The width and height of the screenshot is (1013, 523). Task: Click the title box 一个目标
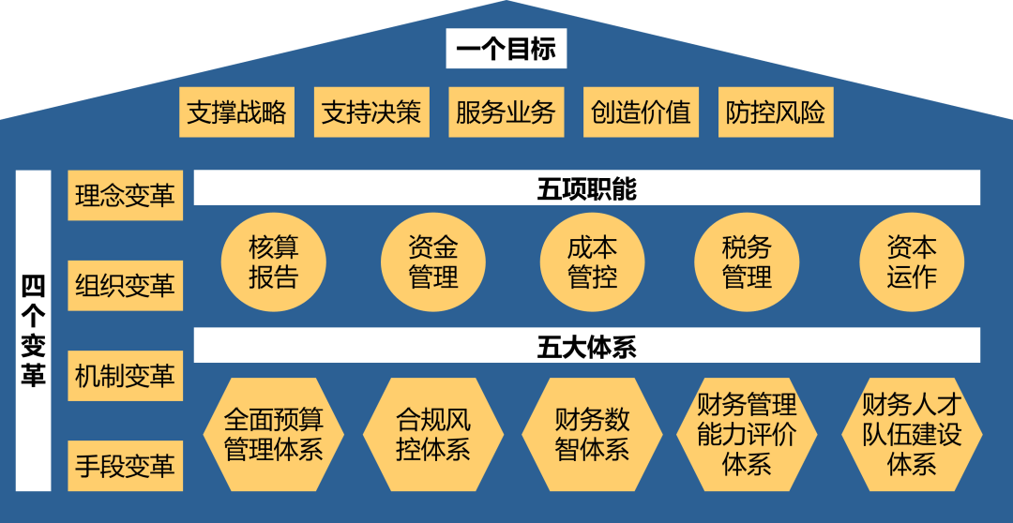pyautogui.click(x=506, y=49)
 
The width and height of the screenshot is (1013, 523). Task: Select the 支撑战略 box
pyautogui.click(x=236, y=112)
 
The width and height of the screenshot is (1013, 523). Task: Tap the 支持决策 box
pyautogui.click(x=371, y=112)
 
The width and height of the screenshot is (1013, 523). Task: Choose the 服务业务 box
pyautogui.click(x=506, y=112)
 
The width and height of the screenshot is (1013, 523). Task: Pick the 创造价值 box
pyautogui.click(x=641, y=112)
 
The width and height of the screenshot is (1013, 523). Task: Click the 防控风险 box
pyautogui.click(x=776, y=112)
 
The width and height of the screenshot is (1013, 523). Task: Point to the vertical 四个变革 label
pyautogui.click(x=34, y=330)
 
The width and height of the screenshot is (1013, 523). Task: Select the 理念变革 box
pyautogui.click(x=125, y=196)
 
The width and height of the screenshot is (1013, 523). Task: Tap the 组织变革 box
pyautogui.click(x=125, y=286)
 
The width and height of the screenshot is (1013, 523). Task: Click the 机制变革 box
pyautogui.click(x=125, y=376)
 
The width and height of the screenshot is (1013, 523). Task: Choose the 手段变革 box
pyautogui.click(x=125, y=466)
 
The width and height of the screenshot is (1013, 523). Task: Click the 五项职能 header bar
pyautogui.click(x=587, y=188)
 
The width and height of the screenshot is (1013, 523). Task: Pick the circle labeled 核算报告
pyautogui.click(x=274, y=262)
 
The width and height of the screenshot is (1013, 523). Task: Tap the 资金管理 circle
pyautogui.click(x=433, y=262)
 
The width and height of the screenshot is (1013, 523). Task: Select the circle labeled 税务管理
pyautogui.click(x=747, y=262)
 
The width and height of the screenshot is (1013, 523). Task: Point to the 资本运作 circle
pyautogui.click(x=912, y=262)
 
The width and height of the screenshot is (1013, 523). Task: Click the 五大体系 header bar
pyautogui.click(x=587, y=346)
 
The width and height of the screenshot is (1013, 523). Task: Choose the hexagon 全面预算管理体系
pyautogui.click(x=274, y=434)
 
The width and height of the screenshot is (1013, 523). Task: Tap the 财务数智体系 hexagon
pyautogui.click(x=592, y=434)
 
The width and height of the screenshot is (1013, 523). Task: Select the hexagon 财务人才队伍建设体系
pyautogui.click(x=912, y=434)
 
